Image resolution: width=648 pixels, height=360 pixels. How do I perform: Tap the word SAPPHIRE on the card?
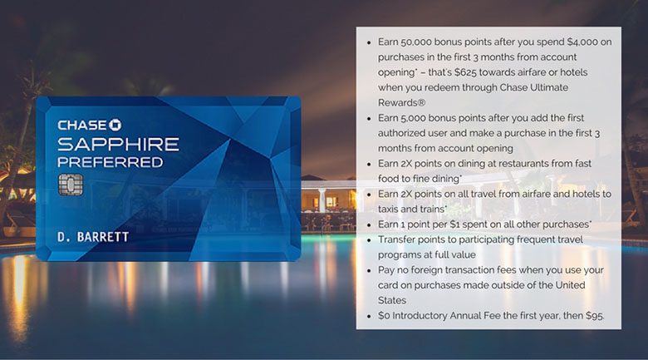click(118, 144)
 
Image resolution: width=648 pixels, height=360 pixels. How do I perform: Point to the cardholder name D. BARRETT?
click(92, 237)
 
